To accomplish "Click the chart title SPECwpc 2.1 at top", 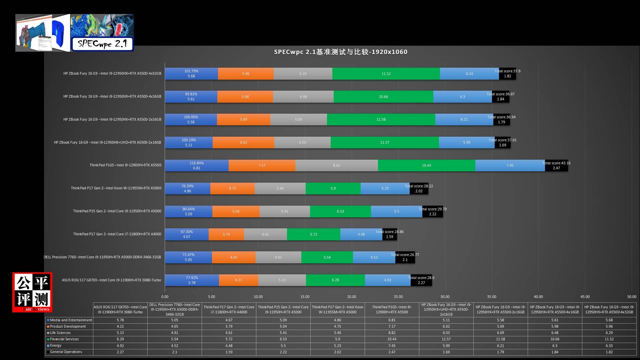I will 341,52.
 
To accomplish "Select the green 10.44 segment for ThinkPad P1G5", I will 426,165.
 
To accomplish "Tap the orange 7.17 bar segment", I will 262,165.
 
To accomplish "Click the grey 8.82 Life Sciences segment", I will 337,165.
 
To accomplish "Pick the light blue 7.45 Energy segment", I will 510,165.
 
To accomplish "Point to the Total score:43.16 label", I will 556,163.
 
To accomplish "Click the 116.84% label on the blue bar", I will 197,163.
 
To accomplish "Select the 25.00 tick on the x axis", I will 398,297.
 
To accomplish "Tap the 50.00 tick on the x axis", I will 631,297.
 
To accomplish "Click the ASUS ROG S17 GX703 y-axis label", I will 111,280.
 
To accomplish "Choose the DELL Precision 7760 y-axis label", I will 102,257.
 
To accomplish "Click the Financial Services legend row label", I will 64,339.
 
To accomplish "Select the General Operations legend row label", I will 66,352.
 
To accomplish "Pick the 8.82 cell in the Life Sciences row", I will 392,333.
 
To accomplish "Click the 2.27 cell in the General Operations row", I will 120,352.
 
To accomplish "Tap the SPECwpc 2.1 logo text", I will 102,44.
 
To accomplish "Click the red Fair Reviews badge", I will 32,292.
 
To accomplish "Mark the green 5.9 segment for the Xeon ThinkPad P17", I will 333,188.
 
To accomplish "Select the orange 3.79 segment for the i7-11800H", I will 226,234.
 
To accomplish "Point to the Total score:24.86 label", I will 389,232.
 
